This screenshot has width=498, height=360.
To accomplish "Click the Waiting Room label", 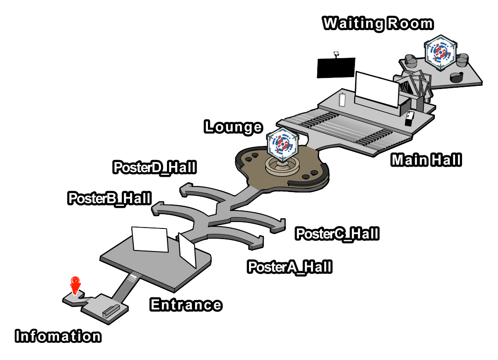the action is (x=378, y=24).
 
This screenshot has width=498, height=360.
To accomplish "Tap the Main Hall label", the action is (x=426, y=160).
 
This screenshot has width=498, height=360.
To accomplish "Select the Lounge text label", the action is (x=233, y=127).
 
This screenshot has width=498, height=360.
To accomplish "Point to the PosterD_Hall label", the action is (x=154, y=168).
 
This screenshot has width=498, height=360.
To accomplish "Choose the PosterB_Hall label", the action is (x=110, y=198).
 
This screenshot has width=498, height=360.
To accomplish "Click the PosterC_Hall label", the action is (x=337, y=234).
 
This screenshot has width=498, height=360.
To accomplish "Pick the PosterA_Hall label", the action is (x=290, y=267).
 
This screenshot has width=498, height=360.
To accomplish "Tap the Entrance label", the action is (x=186, y=305).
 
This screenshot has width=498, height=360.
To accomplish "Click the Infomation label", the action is (x=58, y=336).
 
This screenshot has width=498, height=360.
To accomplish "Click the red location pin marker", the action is (x=75, y=285).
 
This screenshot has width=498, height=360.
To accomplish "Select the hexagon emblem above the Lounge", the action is (x=282, y=145).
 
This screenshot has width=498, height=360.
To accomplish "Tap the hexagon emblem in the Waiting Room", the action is (x=440, y=52).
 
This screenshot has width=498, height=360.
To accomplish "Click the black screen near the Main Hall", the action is (x=336, y=67).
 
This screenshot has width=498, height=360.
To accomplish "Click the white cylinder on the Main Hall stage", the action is (x=342, y=100).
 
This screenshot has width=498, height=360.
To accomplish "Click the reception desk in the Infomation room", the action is (x=111, y=311).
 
